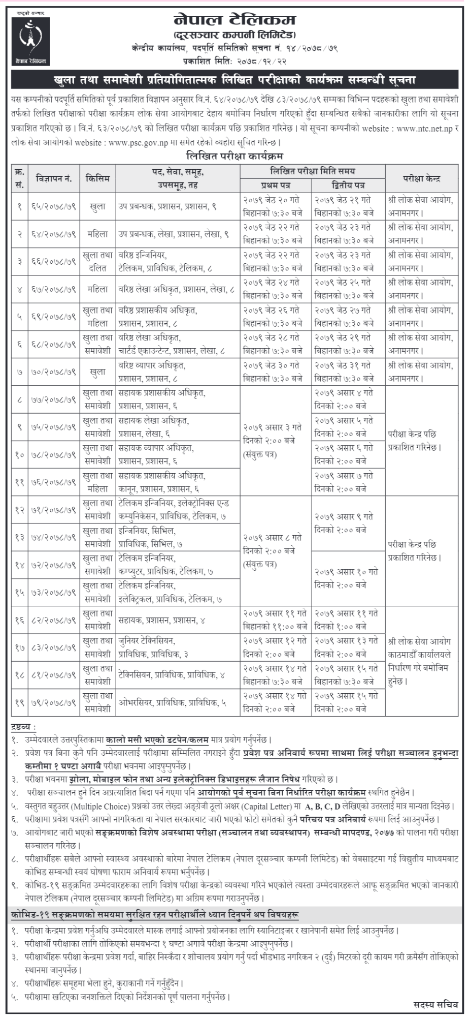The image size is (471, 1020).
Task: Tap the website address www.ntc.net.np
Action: pos(424,129)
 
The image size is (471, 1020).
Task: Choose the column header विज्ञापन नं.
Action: pos(54,178)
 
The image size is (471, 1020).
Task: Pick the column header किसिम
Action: pos(97,178)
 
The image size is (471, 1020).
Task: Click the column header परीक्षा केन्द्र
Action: pos(421,178)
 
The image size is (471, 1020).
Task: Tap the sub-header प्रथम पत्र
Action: pos(275,185)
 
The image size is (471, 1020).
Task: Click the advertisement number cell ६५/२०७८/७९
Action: pos(54,206)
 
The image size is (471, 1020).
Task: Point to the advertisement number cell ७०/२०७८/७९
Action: pos(54,372)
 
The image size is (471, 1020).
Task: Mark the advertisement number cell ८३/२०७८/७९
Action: pos(54,647)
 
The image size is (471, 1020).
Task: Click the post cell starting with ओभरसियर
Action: pos(172,703)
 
